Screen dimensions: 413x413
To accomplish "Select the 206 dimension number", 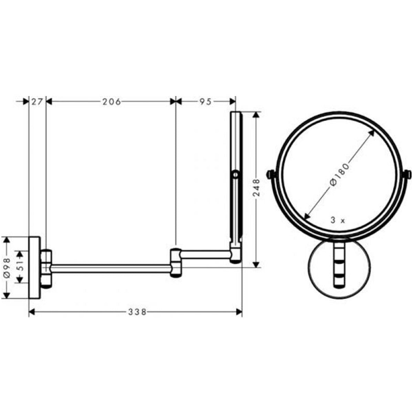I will tap(112, 102).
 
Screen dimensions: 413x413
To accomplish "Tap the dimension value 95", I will tap(205, 102).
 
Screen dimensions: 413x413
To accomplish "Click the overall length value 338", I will tap(137, 312).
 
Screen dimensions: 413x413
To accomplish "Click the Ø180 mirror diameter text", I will tap(339, 174).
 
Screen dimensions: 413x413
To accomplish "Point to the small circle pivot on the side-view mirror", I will tap(236, 174).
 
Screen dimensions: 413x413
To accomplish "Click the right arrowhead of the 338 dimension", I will tap(240, 312).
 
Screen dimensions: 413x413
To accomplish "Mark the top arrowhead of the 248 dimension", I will tap(256, 114).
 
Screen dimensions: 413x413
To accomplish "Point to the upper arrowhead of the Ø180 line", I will tap(373, 132).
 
